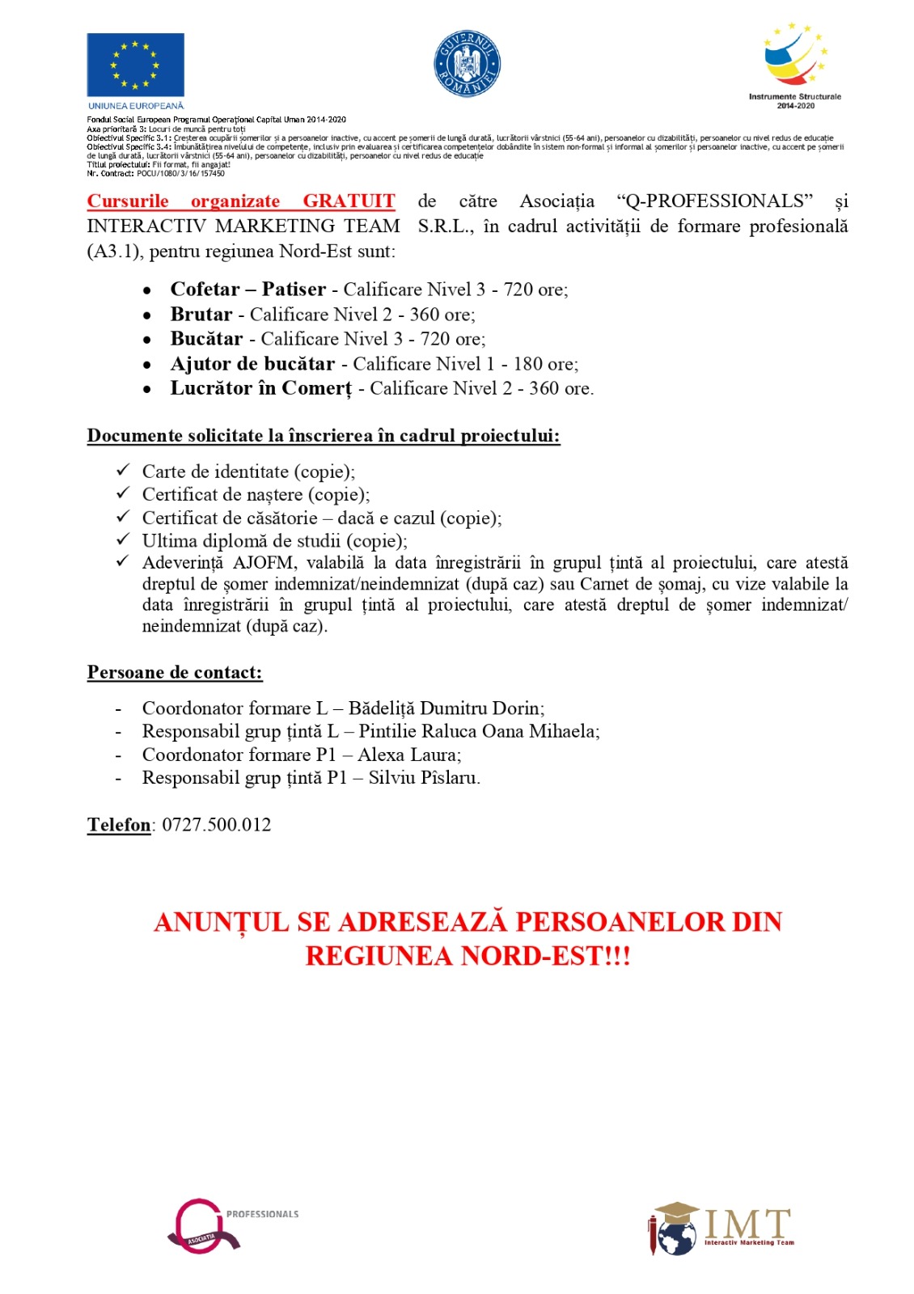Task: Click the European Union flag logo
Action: tap(135, 66)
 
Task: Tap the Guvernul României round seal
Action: tap(468, 64)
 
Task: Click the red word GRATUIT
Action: tap(349, 201)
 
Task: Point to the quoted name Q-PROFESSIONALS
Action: tap(714, 201)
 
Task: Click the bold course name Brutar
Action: tap(201, 315)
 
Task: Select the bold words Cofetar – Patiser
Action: tap(248, 290)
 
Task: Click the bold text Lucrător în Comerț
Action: tap(260, 389)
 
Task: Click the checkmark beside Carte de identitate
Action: tap(123, 470)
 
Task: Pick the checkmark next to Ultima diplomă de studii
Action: tap(123, 539)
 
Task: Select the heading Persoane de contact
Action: tap(175, 673)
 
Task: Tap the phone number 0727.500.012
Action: tap(217, 825)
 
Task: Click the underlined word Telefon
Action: tap(119, 825)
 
